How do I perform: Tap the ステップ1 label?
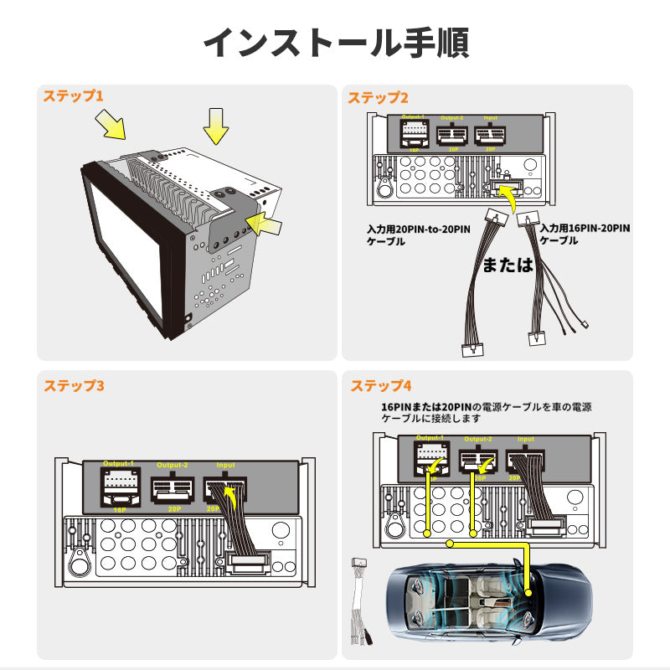click(73, 96)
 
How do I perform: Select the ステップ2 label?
click(379, 98)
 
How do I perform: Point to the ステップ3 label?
click(74, 386)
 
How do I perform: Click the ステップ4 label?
click(381, 386)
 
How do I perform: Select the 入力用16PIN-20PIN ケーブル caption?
click(584, 233)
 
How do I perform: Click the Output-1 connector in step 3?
click(119, 488)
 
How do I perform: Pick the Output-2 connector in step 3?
click(173, 489)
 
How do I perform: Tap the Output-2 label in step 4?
click(478, 439)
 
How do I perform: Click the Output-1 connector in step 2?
click(414, 134)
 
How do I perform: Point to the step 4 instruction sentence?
click(486, 412)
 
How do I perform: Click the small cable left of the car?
click(363, 603)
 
